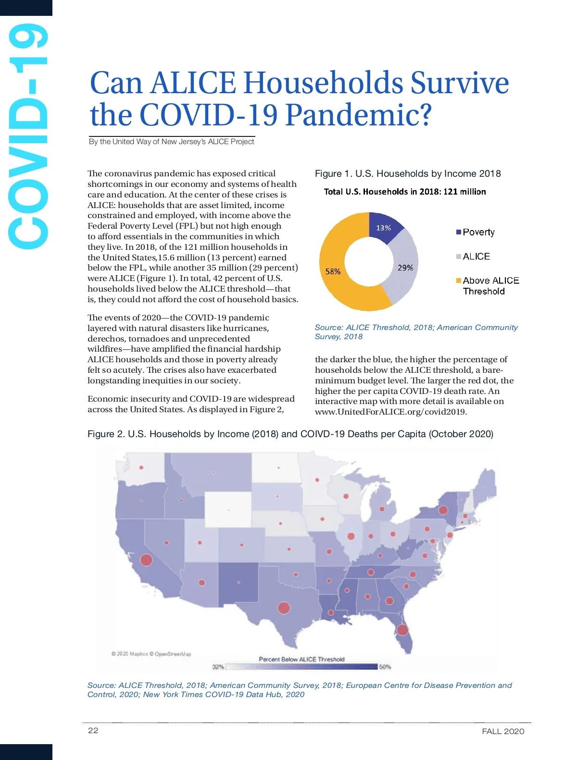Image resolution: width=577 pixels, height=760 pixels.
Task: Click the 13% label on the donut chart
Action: coord(383,228)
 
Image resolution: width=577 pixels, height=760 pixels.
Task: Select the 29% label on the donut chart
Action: coord(405,268)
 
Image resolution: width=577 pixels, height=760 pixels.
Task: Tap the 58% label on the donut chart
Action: coord(333,271)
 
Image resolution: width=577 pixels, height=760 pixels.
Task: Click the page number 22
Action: coord(93,730)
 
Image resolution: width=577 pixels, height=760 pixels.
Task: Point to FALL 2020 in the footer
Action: coord(503,731)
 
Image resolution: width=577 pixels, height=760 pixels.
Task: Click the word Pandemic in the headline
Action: coord(358,115)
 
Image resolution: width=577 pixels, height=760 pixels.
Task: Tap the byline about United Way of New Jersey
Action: coord(172,142)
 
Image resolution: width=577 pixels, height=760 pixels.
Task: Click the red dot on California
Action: coord(146,560)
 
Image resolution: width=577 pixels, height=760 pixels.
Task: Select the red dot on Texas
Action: coord(284,608)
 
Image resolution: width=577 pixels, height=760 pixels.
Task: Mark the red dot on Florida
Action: coord(402,629)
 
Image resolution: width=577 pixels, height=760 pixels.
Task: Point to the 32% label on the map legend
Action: coord(218,667)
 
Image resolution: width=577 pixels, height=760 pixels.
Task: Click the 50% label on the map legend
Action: coord(385,667)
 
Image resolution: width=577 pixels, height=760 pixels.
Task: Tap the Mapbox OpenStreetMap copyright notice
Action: coord(151,654)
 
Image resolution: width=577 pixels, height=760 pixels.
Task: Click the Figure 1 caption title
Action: coord(408,173)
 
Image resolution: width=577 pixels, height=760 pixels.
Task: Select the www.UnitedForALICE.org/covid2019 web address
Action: coord(391,412)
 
